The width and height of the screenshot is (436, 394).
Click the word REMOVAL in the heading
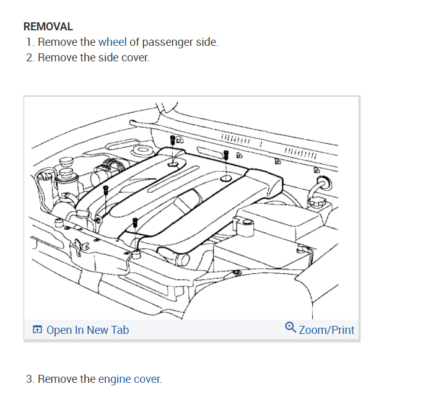point(48,27)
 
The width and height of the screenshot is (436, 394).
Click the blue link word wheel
point(112,42)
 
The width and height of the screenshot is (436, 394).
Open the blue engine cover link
point(129,379)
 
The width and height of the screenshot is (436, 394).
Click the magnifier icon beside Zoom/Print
point(290,328)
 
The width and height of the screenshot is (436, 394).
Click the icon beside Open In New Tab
point(37,330)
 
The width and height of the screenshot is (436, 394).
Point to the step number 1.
point(29,42)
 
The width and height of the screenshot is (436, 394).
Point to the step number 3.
point(30,379)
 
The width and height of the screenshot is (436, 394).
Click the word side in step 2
point(108,58)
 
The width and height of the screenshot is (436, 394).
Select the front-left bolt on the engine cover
point(106,189)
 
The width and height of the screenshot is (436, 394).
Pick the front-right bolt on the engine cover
point(134,222)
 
